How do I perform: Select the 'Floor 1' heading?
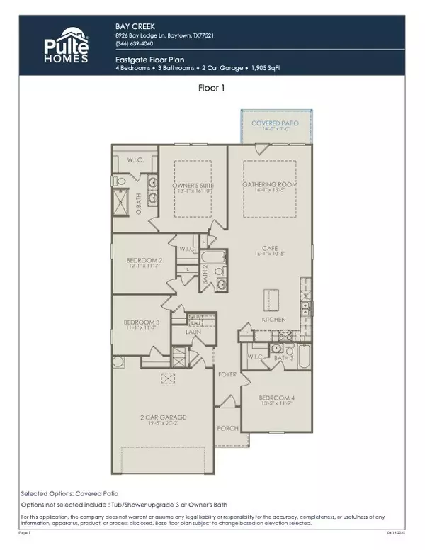(212, 89)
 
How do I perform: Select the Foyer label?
(227, 374)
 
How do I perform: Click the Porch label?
(225, 427)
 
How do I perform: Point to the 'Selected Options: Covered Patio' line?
(69, 493)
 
